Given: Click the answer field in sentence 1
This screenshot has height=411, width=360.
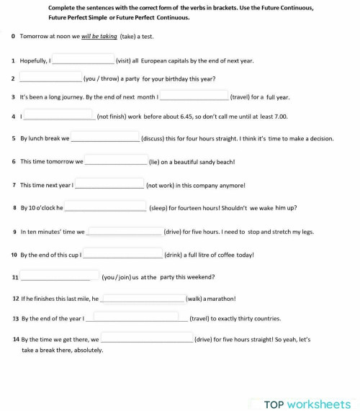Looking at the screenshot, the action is [83, 60].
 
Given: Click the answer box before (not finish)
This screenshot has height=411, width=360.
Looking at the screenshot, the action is [59, 114].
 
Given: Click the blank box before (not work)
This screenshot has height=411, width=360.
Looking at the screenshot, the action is [109, 184].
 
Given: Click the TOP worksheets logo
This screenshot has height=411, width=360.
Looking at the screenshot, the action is [307, 404].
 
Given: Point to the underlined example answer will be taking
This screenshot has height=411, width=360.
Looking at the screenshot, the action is [99, 36].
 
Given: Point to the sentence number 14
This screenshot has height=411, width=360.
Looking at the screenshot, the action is [15, 338].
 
